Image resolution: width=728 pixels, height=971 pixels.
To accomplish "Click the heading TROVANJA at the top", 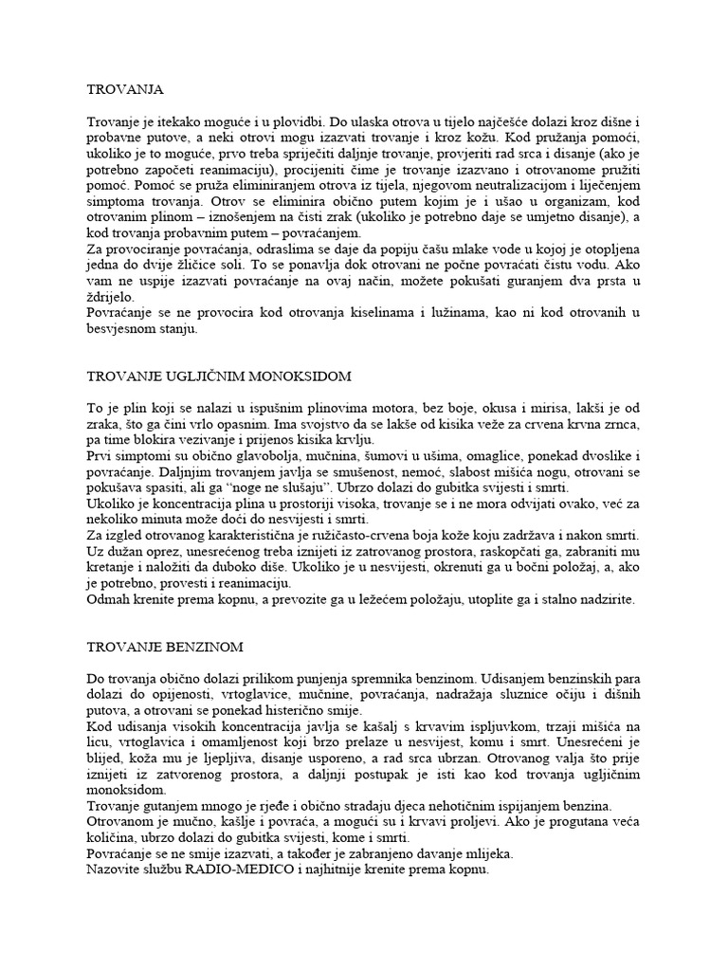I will [124, 89].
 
